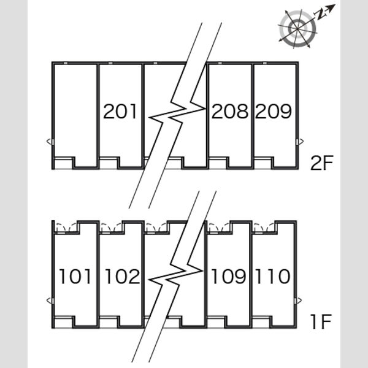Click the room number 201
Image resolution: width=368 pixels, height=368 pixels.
pos(120,111)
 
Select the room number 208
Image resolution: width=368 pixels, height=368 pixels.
pos(230,111)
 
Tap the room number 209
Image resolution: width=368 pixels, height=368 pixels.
pos(274,111)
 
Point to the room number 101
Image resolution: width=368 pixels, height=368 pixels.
pos(75,277)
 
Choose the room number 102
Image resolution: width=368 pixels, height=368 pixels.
pos(122,277)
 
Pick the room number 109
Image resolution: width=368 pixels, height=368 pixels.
pos(229,277)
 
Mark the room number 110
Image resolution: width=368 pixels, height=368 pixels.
pos(273,277)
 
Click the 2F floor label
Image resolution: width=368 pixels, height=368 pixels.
pos(322,163)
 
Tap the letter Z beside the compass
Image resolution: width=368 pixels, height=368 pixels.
pos(320,15)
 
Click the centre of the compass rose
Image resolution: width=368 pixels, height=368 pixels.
pos(297,29)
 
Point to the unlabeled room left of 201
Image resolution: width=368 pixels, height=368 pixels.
pos(75,115)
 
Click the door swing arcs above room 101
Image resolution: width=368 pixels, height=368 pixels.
pos(67,227)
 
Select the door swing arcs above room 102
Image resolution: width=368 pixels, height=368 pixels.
pos(112,227)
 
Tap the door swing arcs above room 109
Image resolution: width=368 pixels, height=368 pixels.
pos(220,227)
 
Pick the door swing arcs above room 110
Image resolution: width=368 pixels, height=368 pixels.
pos(264,227)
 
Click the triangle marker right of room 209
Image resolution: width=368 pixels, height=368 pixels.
pos(301,142)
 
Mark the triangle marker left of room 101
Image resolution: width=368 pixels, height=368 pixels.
pos(49,301)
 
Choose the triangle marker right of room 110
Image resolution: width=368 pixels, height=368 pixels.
pos(299,301)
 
